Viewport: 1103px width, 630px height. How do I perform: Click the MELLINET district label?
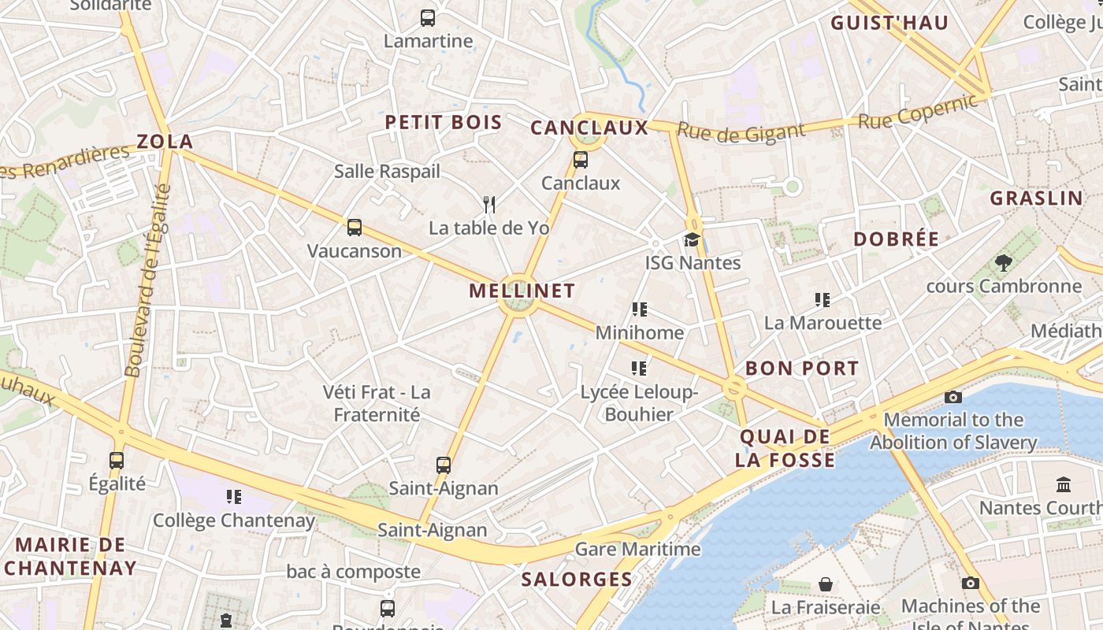tap(522, 291)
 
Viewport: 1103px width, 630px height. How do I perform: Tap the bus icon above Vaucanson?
tap(355, 228)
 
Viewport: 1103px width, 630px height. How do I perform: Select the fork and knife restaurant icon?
tap(489, 205)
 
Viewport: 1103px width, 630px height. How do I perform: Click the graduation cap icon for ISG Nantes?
tap(692, 239)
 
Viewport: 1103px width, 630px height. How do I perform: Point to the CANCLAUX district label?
tap(589, 128)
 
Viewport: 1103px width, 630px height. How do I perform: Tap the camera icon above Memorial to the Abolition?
tap(953, 397)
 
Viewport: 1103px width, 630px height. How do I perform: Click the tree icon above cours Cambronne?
tap(1003, 262)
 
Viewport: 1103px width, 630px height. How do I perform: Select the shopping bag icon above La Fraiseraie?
tap(826, 584)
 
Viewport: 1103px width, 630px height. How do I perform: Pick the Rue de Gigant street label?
tap(741, 132)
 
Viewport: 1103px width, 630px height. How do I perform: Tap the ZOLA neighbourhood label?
tap(165, 142)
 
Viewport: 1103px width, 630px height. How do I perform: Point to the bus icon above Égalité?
tap(117, 460)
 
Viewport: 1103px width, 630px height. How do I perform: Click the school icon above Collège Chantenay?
tap(234, 496)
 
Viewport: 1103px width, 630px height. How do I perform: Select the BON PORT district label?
tap(802, 368)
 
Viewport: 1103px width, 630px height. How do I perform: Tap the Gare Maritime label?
tap(637, 549)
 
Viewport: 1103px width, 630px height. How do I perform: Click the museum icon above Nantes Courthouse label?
tap(1064, 484)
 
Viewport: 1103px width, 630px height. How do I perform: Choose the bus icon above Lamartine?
tap(428, 17)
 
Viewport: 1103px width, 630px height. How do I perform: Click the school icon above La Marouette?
tap(823, 299)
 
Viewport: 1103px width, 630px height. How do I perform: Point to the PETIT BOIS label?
tap(443, 122)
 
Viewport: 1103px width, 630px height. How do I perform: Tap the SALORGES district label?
tap(577, 580)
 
